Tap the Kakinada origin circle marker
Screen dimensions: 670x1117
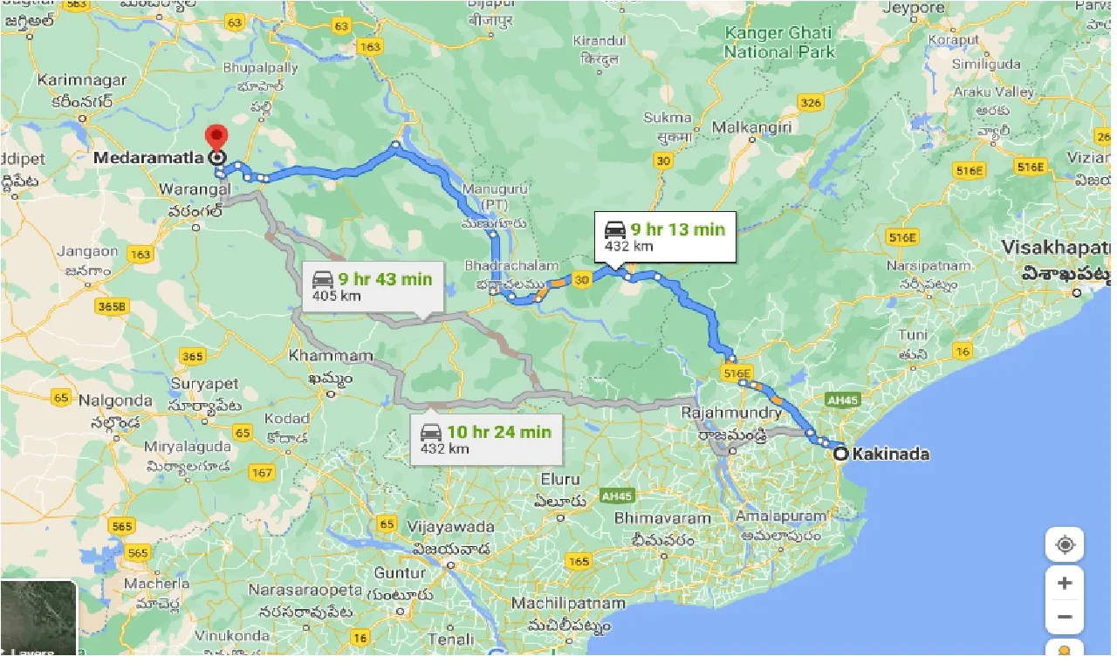[x=839, y=454]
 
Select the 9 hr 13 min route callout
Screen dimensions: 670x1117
[x=665, y=236]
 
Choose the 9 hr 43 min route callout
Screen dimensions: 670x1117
[x=372, y=286]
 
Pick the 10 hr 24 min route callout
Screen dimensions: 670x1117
[x=484, y=439]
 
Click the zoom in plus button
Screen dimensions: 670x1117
[x=1064, y=583]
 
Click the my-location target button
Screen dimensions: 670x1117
[x=1064, y=546]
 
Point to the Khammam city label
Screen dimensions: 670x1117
[x=331, y=357]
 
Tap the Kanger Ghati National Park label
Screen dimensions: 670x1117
[x=779, y=43]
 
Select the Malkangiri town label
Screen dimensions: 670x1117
[x=751, y=127]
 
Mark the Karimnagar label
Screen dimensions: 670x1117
[x=82, y=80]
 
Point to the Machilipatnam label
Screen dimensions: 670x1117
[x=568, y=604]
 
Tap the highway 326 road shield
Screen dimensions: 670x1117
[x=811, y=104]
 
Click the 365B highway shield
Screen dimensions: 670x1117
[x=113, y=306]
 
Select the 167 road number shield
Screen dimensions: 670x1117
[x=261, y=474]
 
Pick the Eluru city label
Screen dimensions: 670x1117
[x=559, y=479]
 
